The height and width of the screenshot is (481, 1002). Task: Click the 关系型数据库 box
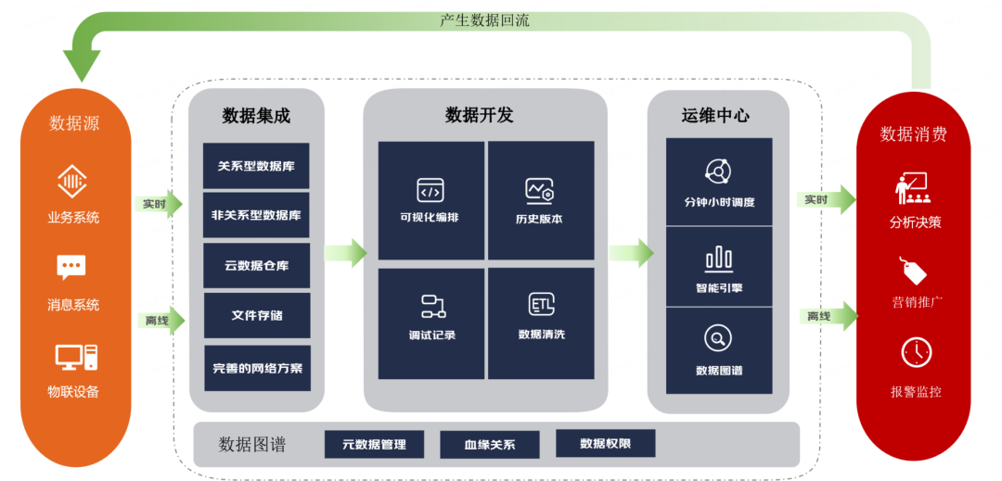[x=256, y=166]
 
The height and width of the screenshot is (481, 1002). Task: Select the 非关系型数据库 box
[x=256, y=215]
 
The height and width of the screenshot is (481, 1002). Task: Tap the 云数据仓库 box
[x=256, y=265]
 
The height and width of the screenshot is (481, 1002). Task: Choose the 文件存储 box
[x=256, y=315]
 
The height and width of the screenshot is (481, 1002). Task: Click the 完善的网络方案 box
[x=257, y=367]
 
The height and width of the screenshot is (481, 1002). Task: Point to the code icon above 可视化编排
[x=430, y=191]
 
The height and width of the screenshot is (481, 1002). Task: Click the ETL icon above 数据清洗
[x=541, y=305]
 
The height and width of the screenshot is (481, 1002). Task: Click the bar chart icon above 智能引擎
[x=719, y=259]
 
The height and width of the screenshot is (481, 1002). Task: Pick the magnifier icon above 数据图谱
[x=718, y=338]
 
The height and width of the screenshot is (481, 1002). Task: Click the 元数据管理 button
[x=374, y=444]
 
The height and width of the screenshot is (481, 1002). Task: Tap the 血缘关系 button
[x=489, y=444]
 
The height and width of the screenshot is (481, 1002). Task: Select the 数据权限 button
[x=605, y=443]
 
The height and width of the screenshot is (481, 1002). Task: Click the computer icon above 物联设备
[x=74, y=357]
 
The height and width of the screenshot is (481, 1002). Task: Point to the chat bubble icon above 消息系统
[x=71, y=268]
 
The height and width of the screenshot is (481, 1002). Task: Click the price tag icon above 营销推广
[x=915, y=272]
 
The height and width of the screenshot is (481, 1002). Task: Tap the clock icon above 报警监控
[x=916, y=352]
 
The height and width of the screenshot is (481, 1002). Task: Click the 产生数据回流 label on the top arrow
[x=484, y=20]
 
